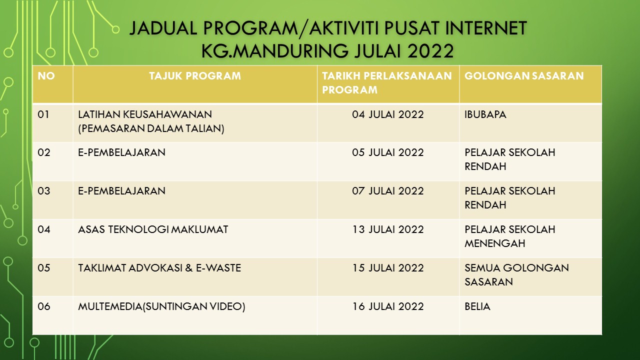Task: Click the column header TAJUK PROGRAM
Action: point(194,76)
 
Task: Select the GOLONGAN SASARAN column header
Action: point(524,76)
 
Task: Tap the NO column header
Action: point(46,76)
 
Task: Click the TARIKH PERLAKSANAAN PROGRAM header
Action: point(387,83)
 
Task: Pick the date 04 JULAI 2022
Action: point(387,114)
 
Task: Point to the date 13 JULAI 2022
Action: point(387,229)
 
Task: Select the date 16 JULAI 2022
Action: point(387,306)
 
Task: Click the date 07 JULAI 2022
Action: point(387,191)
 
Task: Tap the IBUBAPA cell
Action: point(485,114)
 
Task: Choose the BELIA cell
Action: point(477,306)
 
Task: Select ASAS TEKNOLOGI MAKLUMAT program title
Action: point(153,229)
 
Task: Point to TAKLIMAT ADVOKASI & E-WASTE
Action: point(159,268)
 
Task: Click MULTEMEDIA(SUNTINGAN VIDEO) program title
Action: point(161,306)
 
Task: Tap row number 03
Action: point(44,191)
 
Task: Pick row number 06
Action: point(44,306)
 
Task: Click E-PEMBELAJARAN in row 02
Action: point(121,152)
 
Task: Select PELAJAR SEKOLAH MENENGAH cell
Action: point(509,236)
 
